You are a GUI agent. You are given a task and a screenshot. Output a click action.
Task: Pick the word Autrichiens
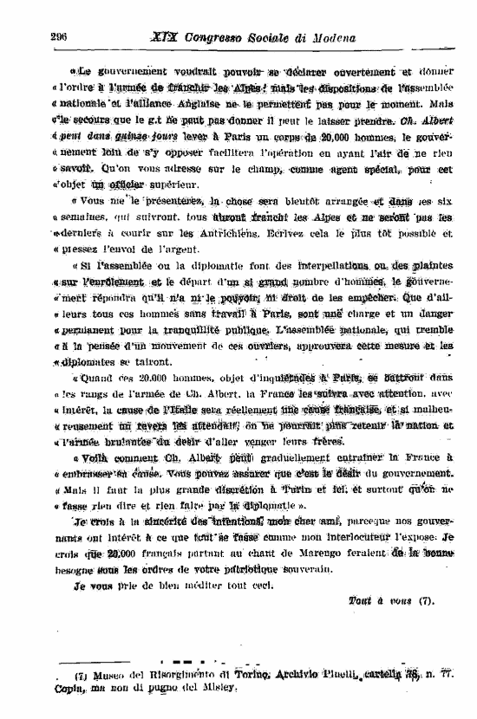tap(296, 233)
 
